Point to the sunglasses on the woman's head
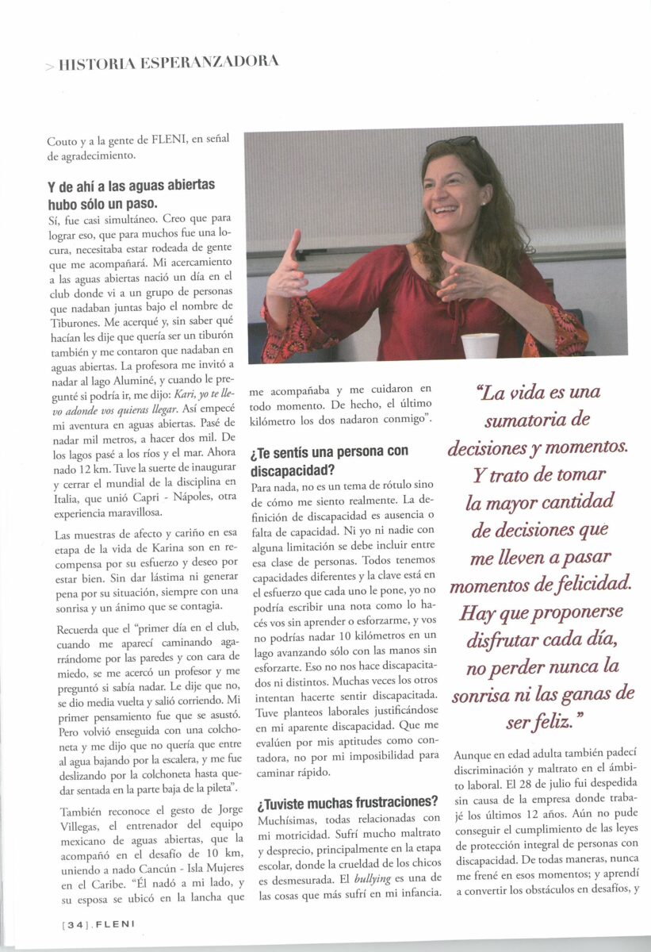[x=454, y=144]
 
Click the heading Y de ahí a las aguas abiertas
[x=131, y=186]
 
